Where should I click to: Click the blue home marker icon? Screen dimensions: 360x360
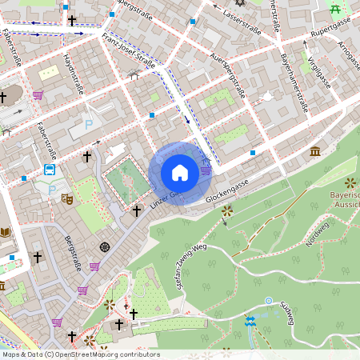point(180,173)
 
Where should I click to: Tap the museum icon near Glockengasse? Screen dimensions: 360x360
point(315,152)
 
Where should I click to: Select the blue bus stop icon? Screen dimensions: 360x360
point(50,170)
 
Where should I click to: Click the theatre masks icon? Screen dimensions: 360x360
point(68,196)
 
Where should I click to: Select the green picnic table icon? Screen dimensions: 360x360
point(335,10)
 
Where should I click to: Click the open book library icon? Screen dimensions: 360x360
point(6,232)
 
